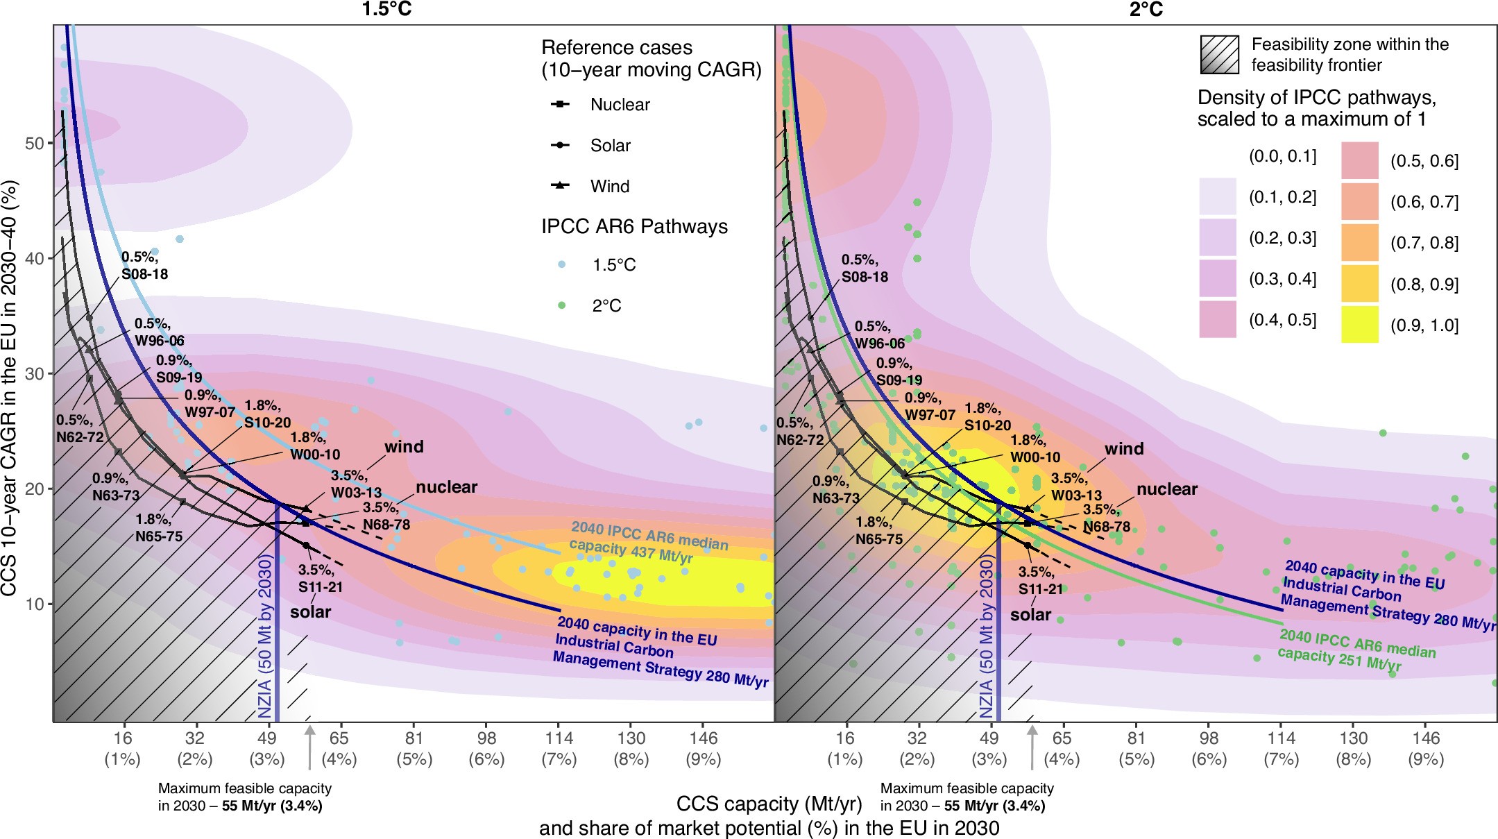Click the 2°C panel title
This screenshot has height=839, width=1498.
click(1146, 9)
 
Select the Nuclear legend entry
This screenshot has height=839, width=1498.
click(620, 105)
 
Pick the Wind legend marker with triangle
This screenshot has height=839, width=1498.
click(560, 185)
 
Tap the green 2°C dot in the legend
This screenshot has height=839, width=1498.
click(562, 305)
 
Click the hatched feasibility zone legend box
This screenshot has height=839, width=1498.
click(1219, 54)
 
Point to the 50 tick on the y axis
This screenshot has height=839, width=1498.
click(35, 144)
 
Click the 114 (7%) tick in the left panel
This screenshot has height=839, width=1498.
click(559, 747)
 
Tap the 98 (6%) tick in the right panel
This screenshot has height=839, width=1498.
click(1209, 747)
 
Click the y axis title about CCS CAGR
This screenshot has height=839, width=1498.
click(10, 389)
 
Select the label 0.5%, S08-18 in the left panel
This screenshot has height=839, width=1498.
click(144, 266)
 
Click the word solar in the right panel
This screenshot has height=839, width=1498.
click(1030, 615)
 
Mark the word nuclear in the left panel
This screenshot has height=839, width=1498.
click(446, 487)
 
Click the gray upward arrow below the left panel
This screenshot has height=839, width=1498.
click(309, 747)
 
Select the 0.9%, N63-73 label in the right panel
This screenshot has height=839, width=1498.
click(835, 489)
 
